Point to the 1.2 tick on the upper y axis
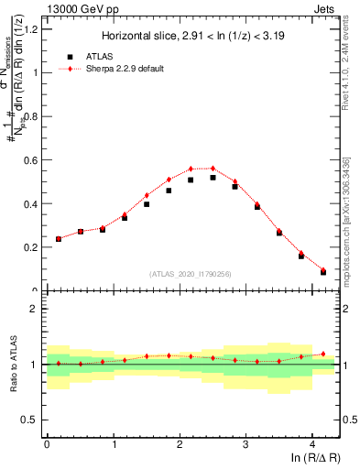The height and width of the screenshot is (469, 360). click(32, 29)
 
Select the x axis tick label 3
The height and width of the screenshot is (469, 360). click(246, 446)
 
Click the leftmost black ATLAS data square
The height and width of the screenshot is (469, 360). click(59, 239)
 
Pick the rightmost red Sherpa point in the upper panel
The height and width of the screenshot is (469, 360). click(323, 269)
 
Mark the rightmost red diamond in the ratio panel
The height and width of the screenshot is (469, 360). click(323, 354)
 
